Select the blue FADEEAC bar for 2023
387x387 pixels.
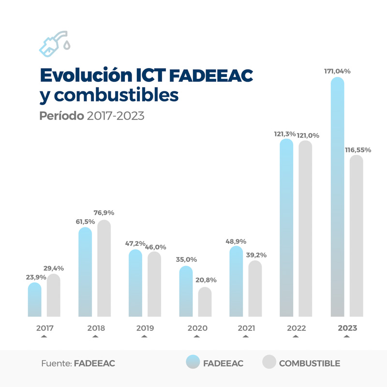click(x=337, y=198)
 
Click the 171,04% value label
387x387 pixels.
click(x=337, y=71)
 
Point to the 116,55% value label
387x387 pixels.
click(x=358, y=150)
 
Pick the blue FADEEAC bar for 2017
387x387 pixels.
click(x=34, y=300)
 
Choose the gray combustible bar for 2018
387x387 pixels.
click(x=104, y=268)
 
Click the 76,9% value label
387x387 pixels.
click(x=104, y=213)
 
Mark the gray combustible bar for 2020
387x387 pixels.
click(x=205, y=302)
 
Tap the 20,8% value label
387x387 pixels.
click(x=206, y=280)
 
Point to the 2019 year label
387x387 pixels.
click(x=145, y=328)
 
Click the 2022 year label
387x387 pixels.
click(x=296, y=328)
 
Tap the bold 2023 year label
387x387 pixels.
click(x=347, y=328)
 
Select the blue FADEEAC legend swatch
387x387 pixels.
click(x=193, y=362)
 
